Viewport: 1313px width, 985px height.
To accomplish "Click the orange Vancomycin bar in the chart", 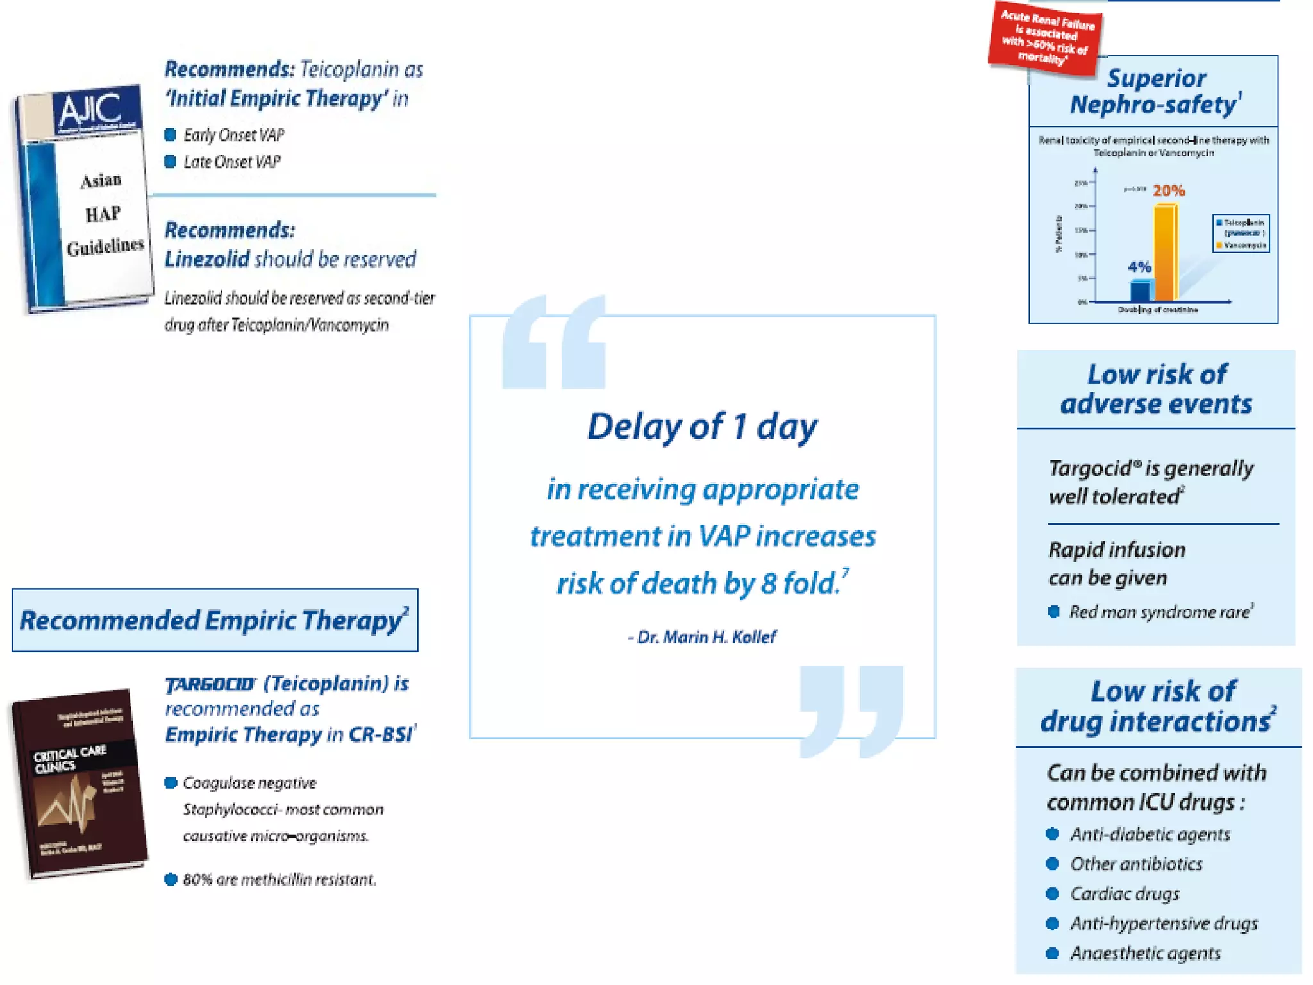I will [1166, 253].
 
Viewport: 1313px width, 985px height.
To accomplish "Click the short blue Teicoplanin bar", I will [1140, 290].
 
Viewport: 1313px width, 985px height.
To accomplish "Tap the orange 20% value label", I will [1169, 190].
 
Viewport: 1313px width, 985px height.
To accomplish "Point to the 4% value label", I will [1139, 267].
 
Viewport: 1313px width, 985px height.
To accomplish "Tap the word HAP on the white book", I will [103, 214].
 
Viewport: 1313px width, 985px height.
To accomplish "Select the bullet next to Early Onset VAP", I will [170, 135].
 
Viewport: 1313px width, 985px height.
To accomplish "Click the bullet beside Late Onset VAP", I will [170, 162].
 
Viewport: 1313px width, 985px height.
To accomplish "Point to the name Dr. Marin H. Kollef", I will [706, 637].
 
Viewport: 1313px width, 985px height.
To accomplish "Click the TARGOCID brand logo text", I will [210, 685].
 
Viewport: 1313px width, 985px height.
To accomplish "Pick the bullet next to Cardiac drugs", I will [1052, 893].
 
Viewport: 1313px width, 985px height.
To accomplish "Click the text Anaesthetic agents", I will [1145, 953].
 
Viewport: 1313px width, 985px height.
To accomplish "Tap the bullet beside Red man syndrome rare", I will [1053, 612].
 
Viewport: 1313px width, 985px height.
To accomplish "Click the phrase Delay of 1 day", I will [703, 426].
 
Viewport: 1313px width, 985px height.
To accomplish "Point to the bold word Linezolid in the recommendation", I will [206, 259].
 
